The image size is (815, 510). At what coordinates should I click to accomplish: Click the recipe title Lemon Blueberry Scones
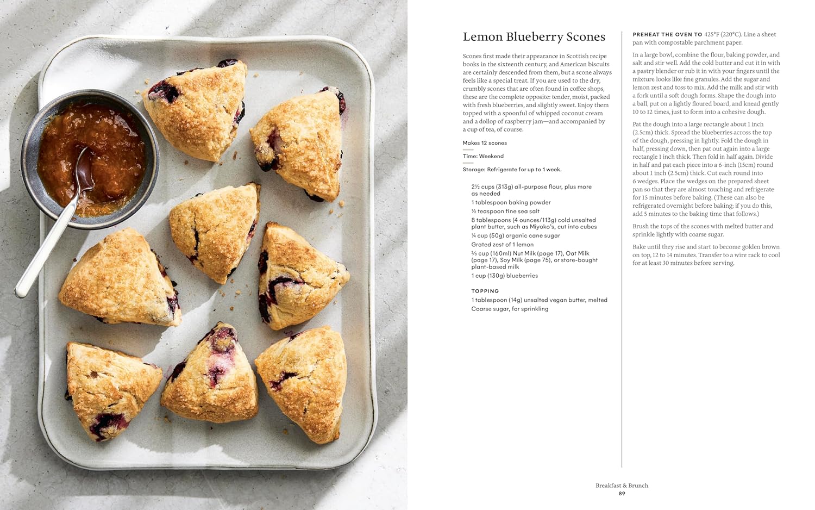point(534,37)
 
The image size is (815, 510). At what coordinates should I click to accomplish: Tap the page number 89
point(622,494)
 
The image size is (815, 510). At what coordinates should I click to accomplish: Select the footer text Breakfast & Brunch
point(622,486)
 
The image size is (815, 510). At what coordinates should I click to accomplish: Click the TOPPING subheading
point(485,291)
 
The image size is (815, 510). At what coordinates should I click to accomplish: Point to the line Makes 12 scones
point(485,143)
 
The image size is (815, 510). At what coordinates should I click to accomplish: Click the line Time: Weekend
point(483,156)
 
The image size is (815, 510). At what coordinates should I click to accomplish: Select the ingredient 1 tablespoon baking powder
point(511,202)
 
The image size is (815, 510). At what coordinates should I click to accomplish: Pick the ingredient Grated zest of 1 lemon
point(502,245)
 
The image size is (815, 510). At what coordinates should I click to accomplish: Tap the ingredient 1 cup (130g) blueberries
point(504,276)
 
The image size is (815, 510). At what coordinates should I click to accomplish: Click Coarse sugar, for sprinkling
point(510,309)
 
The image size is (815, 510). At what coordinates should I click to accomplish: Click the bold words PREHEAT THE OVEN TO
point(667,34)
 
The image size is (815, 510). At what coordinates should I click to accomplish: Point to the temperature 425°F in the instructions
point(711,34)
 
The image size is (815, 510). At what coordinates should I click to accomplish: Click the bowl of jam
point(90,158)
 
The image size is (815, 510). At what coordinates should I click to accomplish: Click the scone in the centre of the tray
point(215,231)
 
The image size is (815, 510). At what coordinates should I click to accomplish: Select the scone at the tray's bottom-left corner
point(111,389)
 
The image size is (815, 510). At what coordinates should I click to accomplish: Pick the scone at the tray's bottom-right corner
point(303,381)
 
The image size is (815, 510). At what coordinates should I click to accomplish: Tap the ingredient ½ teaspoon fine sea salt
point(505,211)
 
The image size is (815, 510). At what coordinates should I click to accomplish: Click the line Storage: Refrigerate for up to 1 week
point(512,170)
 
